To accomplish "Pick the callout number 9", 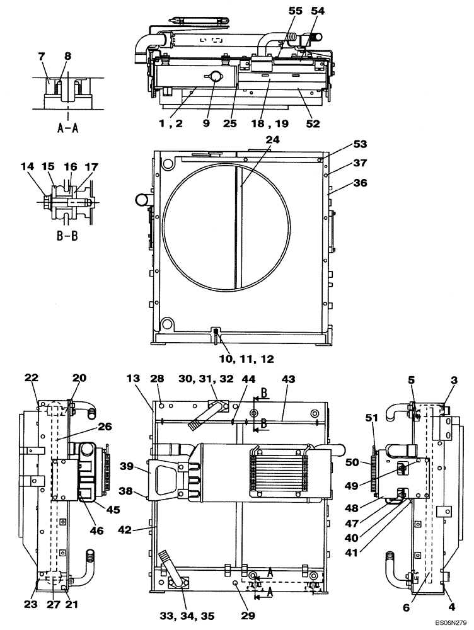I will (x=206, y=123).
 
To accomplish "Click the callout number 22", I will (x=32, y=377).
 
